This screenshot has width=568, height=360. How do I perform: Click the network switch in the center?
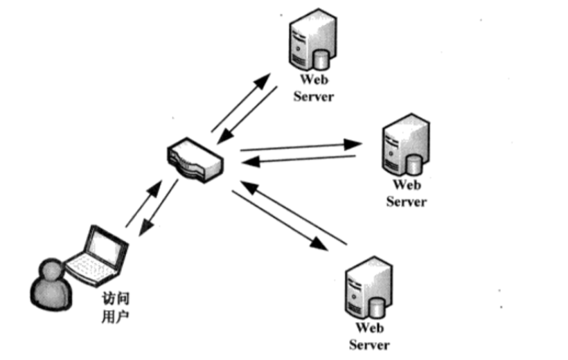click(x=195, y=160)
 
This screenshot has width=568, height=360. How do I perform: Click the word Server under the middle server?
click(x=406, y=202)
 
